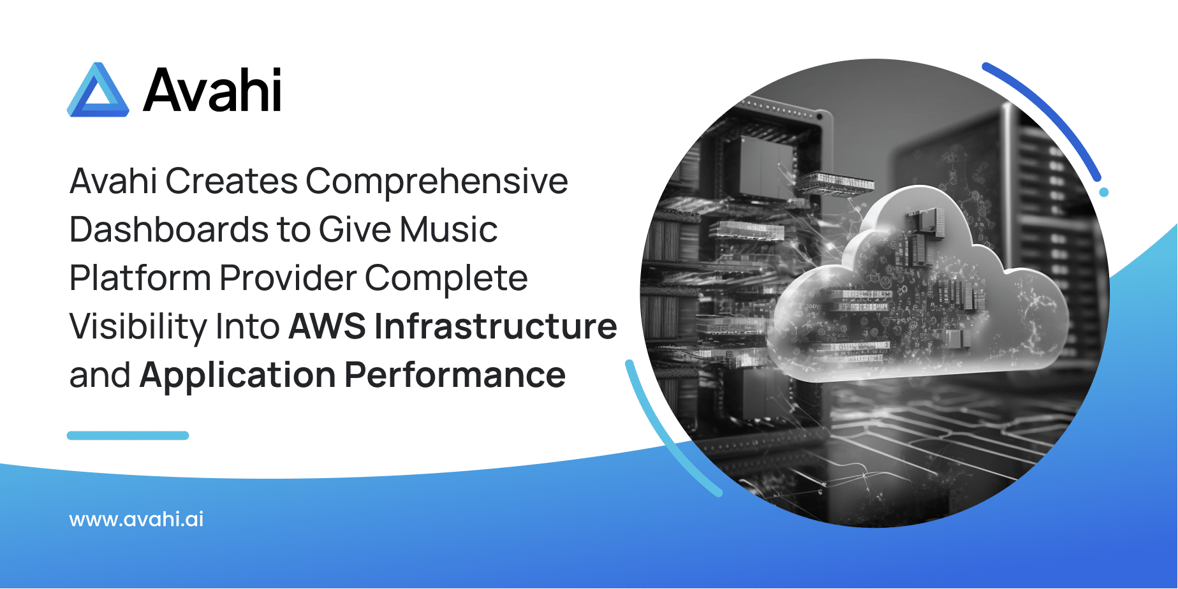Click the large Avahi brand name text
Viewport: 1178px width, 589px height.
(x=212, y=90)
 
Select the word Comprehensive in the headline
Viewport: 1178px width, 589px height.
(x=437, y=182)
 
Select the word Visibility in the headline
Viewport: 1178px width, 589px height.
(x=138, y=327)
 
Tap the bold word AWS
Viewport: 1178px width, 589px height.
(x=327, y=326)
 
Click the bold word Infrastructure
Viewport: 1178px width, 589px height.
(x=496, y=326)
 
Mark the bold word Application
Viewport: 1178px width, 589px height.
(x=238, y=375)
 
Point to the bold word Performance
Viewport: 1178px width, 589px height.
(x=455, y=375)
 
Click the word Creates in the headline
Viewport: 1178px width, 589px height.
(x=232, y=181)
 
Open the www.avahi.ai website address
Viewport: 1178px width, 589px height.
(x=136, y=519)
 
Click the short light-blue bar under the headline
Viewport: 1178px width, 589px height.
(x=128, y=435)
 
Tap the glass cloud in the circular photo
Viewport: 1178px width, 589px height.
(x=918, y=287)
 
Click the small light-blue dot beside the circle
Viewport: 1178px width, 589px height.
(x=1104, y=192)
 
